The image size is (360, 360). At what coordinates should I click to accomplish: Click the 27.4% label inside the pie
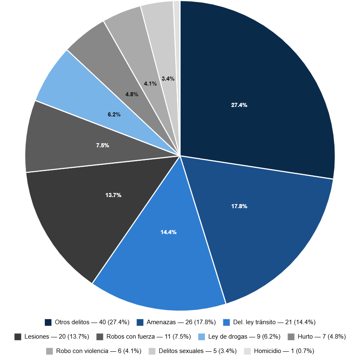click(x=239, y=105)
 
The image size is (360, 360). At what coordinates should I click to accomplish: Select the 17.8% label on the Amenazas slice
click(x=239, y=206)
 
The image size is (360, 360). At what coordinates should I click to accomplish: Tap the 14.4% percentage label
click(x=168, y=232)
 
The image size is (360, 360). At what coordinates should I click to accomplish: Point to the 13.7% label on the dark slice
click(x=113, y=195)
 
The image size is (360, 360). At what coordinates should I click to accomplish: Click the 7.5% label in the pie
click(x=102, y=145)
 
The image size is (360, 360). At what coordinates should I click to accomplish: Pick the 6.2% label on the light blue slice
click(x=114, y=115)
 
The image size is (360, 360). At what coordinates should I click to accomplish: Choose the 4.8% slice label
click(x=132, y=94)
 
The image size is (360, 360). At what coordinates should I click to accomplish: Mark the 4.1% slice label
click(x=150, y=84)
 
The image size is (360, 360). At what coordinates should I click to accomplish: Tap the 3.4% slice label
click(x=168, y=79)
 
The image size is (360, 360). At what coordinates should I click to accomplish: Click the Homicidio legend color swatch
click(x=247, y=351)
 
